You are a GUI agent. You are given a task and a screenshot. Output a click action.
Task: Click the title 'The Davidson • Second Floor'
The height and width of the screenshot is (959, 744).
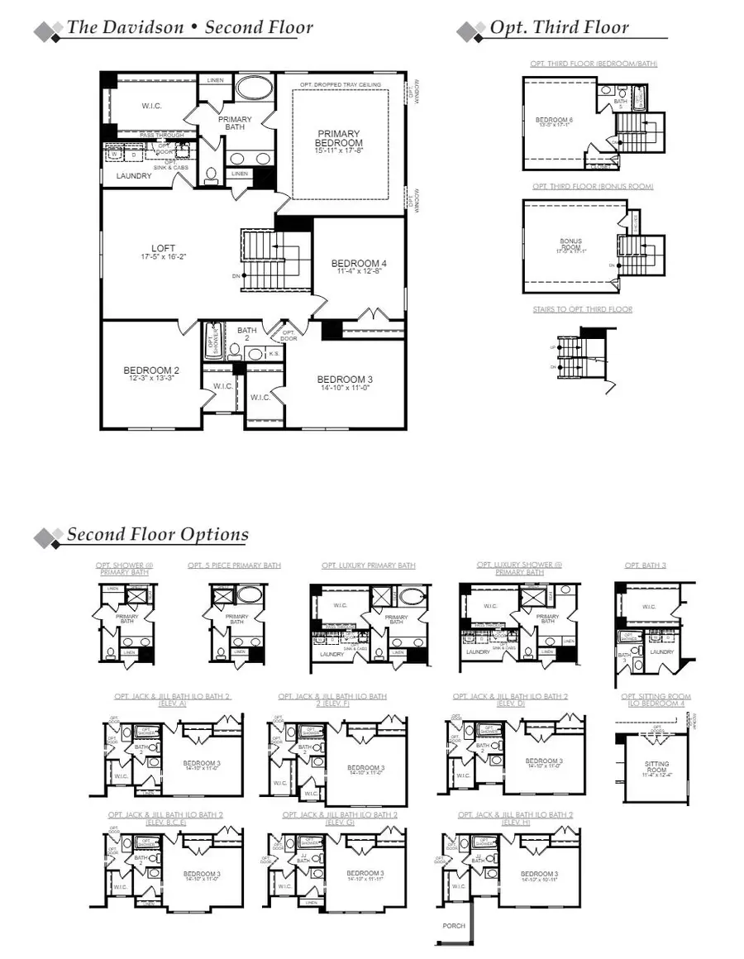click(189, 27)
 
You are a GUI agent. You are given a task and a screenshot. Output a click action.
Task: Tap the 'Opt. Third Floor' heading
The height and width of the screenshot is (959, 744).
click(559, 27)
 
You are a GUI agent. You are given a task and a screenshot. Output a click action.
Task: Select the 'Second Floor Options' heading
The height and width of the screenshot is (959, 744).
click(157, 534)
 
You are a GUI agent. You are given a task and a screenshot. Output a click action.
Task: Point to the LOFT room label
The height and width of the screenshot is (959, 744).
click(164, 251)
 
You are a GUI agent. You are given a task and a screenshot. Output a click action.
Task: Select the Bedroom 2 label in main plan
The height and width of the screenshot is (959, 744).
click(151, 374)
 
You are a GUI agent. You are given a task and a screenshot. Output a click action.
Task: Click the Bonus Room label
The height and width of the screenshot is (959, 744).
click(570, 245)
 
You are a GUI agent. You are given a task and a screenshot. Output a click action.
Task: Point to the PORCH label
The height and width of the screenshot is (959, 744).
click(454, 925)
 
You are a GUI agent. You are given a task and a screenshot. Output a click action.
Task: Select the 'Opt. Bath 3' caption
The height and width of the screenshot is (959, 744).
click(645, 565)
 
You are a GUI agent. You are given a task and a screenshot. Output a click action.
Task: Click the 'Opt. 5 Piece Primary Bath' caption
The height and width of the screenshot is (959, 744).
click(234, 565)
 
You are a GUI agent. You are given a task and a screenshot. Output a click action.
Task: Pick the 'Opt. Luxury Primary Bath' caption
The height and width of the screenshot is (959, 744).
click(369, 565)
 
